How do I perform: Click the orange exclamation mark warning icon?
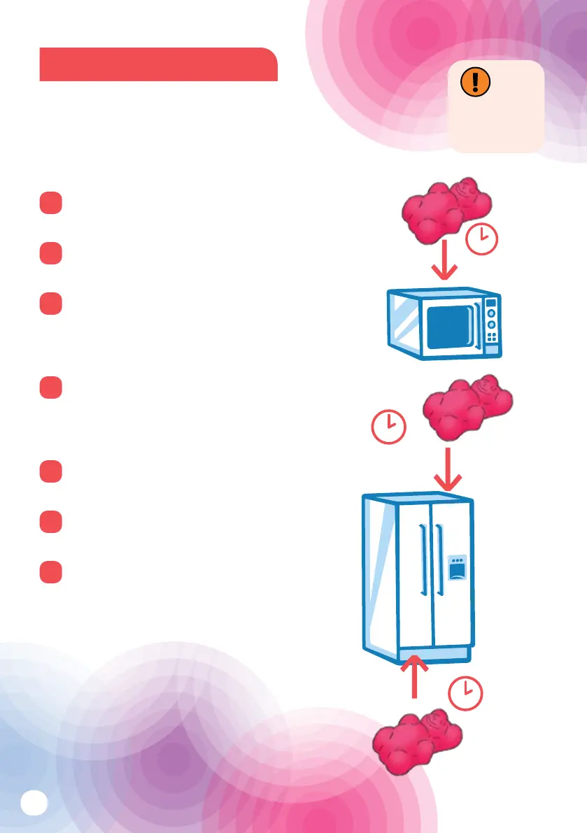coord(475,83)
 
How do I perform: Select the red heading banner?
coord(158,64)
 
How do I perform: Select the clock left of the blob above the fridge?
coord(389,427)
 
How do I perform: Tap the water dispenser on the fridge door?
coord(457,567)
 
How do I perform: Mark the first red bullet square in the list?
coord(50,203)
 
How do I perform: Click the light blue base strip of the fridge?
coord(434,653)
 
